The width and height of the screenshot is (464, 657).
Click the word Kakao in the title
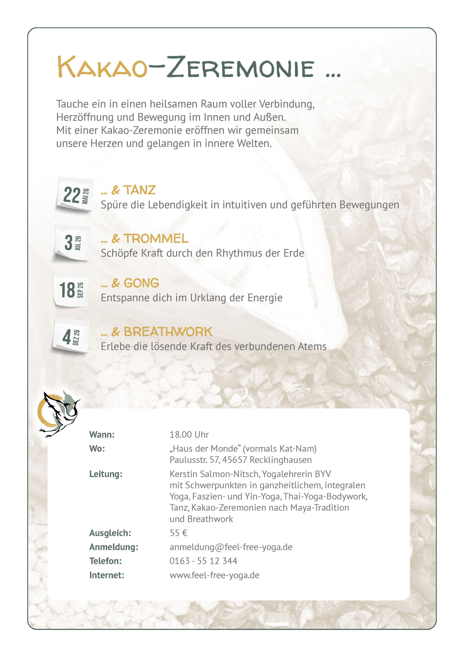click(102, 67)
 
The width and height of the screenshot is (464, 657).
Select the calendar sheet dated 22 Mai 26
click(75, 194)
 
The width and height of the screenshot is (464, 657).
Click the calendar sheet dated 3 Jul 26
click(72, 243)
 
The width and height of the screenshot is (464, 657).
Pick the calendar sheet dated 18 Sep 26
click(71, 290)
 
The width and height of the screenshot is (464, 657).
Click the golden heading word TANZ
click(139, 190)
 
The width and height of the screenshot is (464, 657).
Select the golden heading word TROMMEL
click(156, 238)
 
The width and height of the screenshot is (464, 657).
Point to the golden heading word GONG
click(141, 283)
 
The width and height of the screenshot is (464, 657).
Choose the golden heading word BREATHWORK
click(168, 332)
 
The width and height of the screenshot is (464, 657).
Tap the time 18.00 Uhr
click(189, 434)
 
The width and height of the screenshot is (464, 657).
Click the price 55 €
click(178, 533)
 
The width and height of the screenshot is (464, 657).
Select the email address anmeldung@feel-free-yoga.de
click(231, 547)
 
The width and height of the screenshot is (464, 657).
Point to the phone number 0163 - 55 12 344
click(203, 561)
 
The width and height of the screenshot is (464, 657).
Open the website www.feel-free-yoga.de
click(214, 575)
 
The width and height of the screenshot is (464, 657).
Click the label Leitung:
click(106, 474)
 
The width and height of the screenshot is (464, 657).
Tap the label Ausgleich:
click(110, 533)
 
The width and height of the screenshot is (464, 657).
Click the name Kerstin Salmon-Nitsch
click(214, 474)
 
